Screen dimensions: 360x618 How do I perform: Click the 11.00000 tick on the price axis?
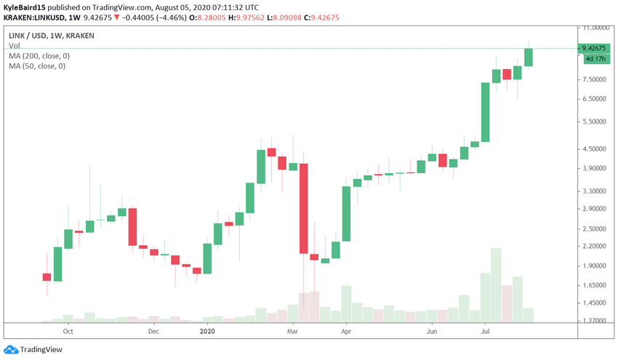click(595, 28)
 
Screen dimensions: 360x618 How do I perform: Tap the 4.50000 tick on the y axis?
click(594, 149)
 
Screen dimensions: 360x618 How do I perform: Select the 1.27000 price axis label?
click(594, 321)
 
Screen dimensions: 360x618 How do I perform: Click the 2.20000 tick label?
click(594, 247)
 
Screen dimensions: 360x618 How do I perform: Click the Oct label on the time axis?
click(68, 331)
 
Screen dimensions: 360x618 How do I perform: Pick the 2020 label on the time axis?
click(207, 331)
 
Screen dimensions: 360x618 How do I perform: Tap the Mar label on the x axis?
click(293, 331)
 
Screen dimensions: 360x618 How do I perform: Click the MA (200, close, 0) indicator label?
click(39, 56)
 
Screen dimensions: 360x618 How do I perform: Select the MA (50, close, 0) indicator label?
click(37, 66)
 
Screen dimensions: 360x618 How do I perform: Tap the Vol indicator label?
click(15, 46)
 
